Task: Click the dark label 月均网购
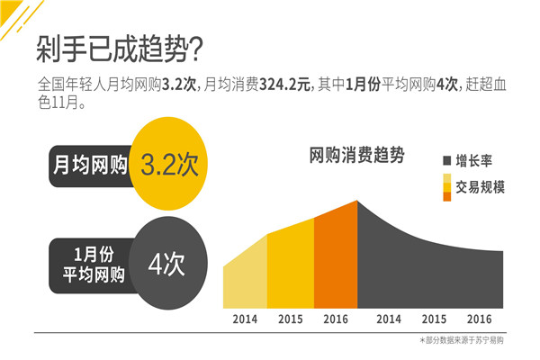(x=90, y=166)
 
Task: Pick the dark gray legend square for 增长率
(x=447, y=161)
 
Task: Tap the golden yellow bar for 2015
(x=290, y=266)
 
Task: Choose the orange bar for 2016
(x=336, y=256)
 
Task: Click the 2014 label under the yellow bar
(x=245, y=319)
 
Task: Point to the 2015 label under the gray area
(x=435, y=319)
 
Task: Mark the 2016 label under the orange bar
(x=336, y=319)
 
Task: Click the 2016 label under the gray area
(x=479, y=319)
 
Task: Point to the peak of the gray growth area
(x=359, y=203)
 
